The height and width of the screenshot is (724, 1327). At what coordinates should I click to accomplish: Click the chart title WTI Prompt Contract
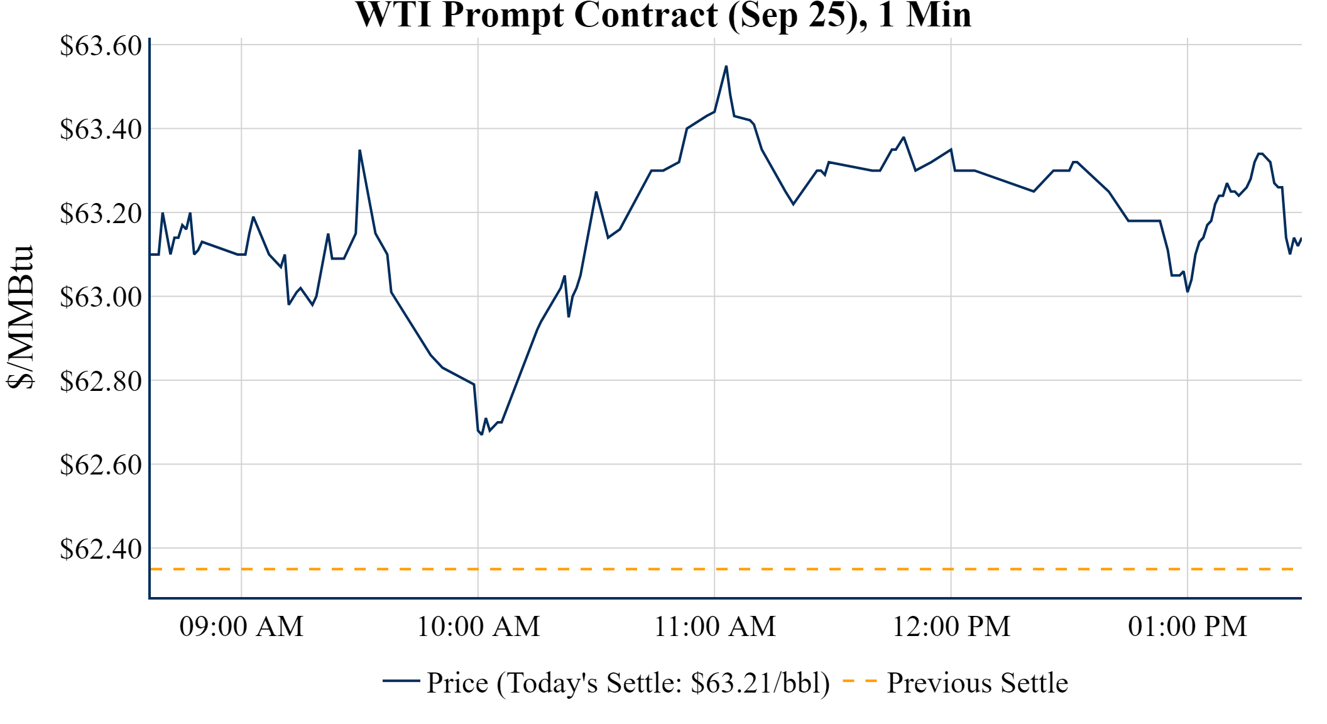tap(663, 15)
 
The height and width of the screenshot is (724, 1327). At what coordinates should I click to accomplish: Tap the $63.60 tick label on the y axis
tap(101, 46)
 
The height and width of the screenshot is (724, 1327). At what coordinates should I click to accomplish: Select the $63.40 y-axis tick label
tap(101, 129)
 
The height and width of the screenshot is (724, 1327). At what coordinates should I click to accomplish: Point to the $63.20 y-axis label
tap(101, 214)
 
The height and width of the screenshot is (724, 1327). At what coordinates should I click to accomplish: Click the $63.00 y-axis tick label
tap(101, 297)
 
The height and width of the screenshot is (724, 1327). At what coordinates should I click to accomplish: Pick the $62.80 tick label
tap(101, 381)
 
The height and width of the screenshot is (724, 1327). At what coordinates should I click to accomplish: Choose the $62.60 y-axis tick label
tap(101, 465)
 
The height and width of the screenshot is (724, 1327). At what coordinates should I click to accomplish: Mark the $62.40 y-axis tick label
tap(101, 549)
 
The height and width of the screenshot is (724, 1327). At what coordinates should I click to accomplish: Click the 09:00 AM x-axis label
tap(241, 627)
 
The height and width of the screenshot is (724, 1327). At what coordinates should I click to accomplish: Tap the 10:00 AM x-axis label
tap(478, 627)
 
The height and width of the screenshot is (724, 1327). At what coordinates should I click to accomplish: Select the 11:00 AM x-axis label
tap(715, 627)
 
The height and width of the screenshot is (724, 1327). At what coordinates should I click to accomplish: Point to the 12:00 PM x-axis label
tap(951, 627)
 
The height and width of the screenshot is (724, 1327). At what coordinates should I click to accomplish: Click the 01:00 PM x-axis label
tap(1188, 627)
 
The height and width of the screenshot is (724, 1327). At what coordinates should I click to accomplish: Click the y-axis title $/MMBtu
tap(20, 317)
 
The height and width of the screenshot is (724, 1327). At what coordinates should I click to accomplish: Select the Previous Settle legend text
tap(977, 683)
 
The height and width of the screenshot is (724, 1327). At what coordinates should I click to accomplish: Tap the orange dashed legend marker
tap(860, 681)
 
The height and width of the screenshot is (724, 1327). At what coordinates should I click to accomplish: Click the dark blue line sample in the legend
tap(401, 681)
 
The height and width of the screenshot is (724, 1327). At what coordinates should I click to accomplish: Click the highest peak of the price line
tap(726, 67)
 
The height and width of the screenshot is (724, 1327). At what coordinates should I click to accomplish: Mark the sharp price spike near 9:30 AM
tap(359, 151)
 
